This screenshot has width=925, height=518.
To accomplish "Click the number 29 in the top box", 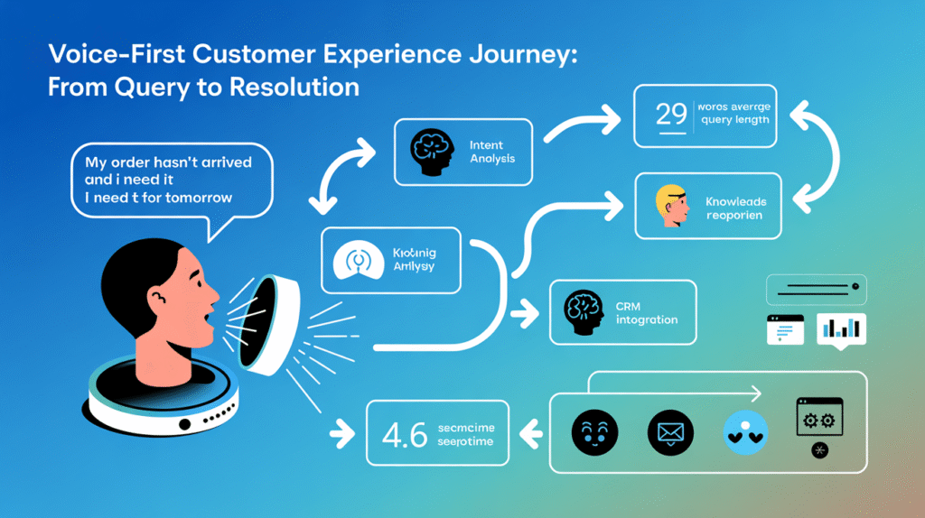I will pyautogui.click(x=671, y=116).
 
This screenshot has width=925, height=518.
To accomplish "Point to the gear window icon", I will pyautogui.click(x=818, y=419).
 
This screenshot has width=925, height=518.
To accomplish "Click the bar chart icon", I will pyautogui.click(x=840, y=330).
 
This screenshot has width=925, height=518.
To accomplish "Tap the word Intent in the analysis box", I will pyautogui.click(x=486, y=144).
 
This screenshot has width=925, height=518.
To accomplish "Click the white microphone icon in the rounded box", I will pyautogui.click(x=359, y=262).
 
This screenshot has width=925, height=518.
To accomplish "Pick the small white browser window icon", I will pyautogui.click(x=784, y=330).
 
